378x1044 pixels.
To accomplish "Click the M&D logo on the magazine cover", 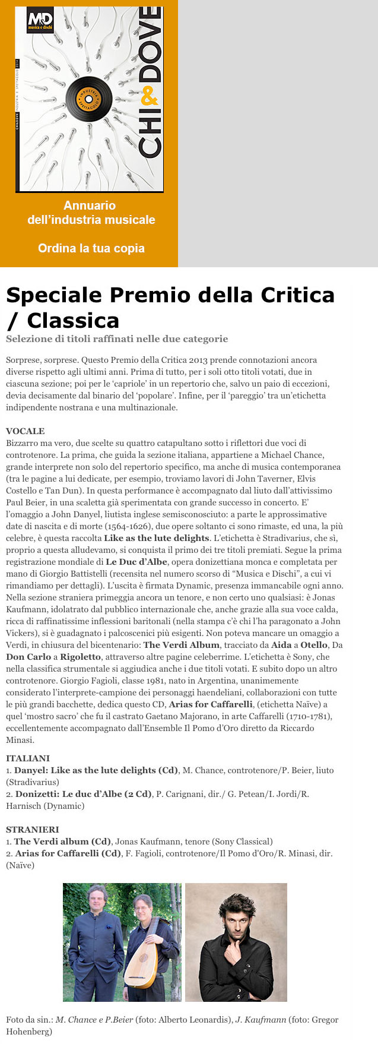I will pyautogui.click(x=40, y=22).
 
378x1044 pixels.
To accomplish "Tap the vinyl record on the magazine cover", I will pyautogui.click(x=88, y=97).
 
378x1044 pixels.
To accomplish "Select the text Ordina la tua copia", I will pyautogui.click(x=91, y=248).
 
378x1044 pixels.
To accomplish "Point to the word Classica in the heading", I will pyautogui.click(x=73, y=321).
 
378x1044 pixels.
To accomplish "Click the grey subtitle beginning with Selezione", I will pyautogui.click(x=117, y=339).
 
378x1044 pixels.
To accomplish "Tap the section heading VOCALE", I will pyautogui.click(x=26, y=431).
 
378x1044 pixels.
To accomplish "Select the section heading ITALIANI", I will pyautogui.click(x=28, y=758).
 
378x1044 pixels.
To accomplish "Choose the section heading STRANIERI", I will pyautogui.click(x=31, y=830).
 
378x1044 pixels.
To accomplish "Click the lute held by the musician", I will pyautogui.click(x=141, y=969).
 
